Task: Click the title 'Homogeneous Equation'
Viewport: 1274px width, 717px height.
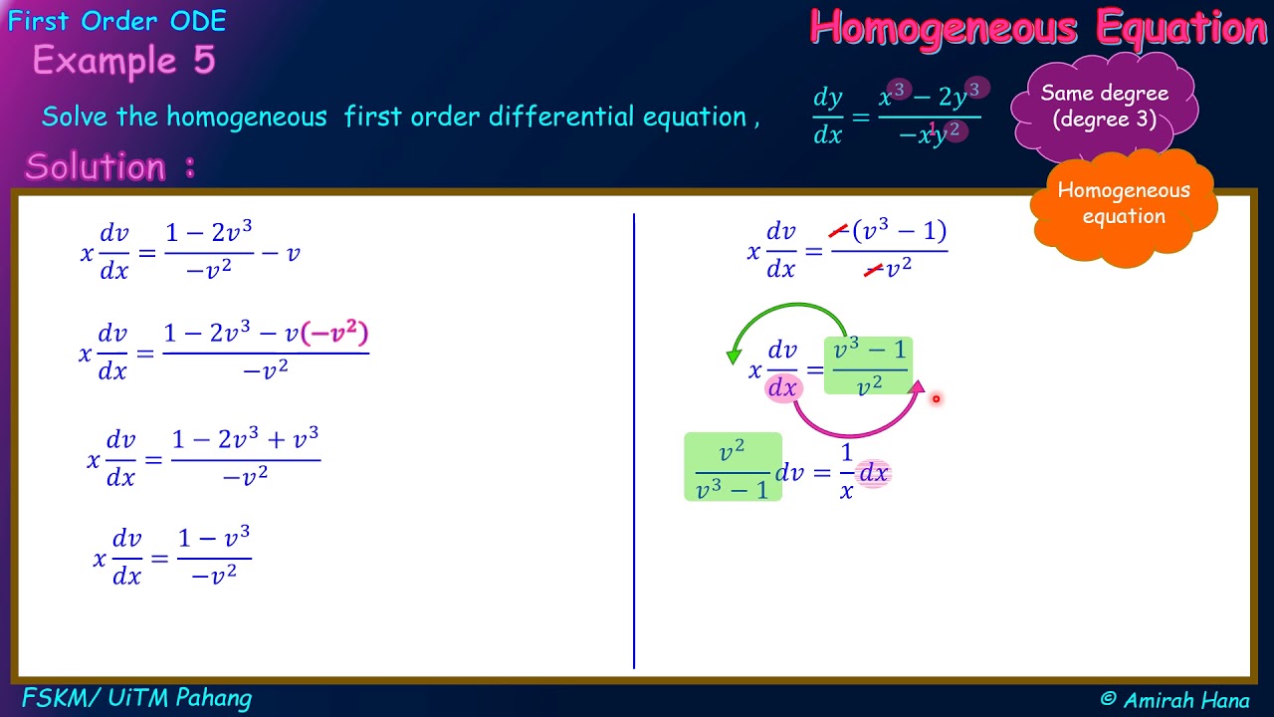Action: [x=1037, y=28]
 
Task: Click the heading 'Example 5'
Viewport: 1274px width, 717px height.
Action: [x=123, y=62]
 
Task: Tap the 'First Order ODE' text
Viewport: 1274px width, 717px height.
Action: [x=117, y=20]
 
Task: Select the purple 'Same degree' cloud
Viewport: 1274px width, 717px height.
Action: [x=1104, y=107]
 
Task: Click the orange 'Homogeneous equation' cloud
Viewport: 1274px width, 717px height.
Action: [x=1124, y=203]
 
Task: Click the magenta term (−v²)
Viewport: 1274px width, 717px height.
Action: [x=333, y=334]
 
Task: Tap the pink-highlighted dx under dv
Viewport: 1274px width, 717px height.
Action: [x=782, y=388]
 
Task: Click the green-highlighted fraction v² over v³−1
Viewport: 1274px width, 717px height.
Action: [x=733, y=467]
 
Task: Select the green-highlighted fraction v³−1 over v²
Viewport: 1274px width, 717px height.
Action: [x=868, y=365]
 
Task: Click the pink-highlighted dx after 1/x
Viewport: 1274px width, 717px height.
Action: [x=874, y=474]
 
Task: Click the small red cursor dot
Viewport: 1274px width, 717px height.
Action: [x=937, y=399]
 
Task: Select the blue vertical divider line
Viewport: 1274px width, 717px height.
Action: [x=634, y=438]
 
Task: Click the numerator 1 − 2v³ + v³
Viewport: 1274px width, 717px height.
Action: [x=245, y=439]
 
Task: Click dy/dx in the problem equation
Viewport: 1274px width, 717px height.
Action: [x=828, y=116]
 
